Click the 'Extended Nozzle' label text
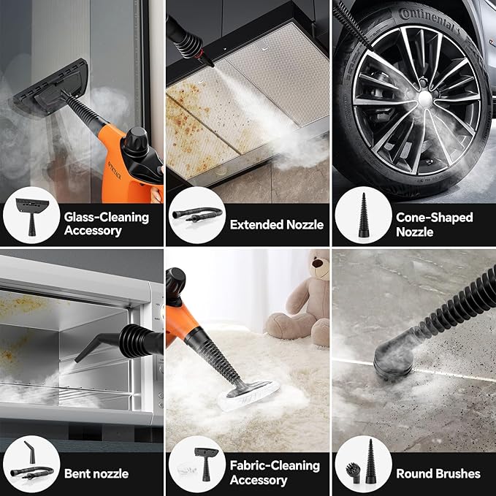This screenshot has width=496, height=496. [x=276, y=224]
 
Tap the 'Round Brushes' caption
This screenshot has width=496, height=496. [x=438, y=473]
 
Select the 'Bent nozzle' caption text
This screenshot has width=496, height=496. [x=96, y=473]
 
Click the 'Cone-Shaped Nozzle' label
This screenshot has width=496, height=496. [x=435, y=224]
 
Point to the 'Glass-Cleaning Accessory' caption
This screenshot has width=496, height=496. [x=107, y=224]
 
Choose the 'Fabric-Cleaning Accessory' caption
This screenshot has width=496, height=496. [x=275, y=473]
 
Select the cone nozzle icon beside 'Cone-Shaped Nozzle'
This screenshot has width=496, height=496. [x=364, y=215]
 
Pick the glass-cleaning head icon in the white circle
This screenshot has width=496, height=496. [x=32, y=215]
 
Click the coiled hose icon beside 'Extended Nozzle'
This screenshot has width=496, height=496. [x=197, y=214]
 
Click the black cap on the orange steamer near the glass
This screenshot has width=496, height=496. [x=136, y=140]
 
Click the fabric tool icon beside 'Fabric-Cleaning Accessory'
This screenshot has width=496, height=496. [x=206, y=464]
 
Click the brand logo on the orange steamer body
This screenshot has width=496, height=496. [x=115, y=171]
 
